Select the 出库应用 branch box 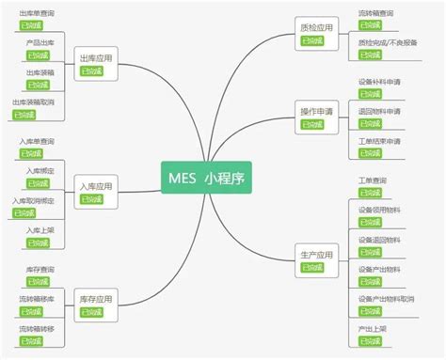96,58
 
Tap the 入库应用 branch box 96,186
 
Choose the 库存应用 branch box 96,298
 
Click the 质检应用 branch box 315,27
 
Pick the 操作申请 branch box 315,112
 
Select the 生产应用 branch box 315,255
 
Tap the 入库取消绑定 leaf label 33,200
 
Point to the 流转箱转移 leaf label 37,328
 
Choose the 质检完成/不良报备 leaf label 385,41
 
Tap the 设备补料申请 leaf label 379,82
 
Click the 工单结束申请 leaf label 379,141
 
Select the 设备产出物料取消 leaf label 386,299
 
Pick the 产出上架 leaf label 372,329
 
